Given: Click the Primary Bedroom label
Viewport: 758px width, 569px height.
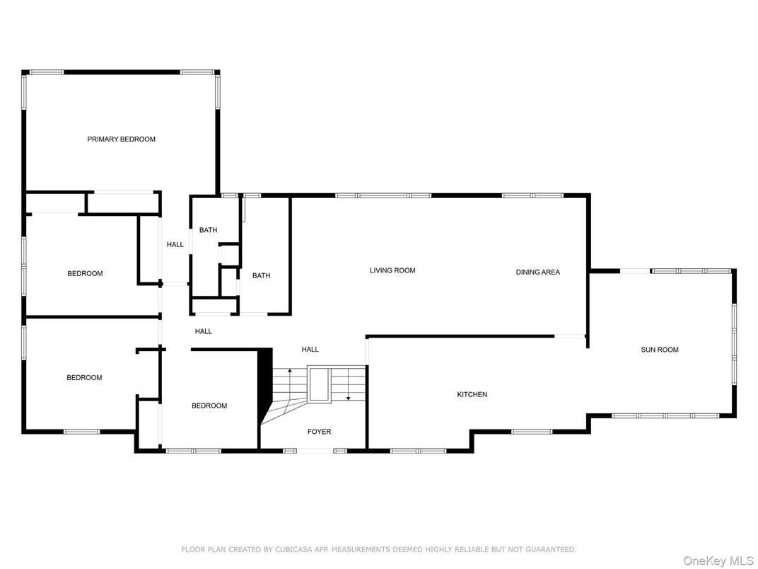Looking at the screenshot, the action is click(122, 139).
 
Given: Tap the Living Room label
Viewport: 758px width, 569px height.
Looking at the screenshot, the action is click(392, 270).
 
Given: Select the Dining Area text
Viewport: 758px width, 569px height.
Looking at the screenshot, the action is click(537, 272).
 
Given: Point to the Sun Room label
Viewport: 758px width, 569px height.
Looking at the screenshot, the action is click(660, 350).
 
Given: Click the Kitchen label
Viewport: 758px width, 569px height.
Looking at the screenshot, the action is click(472, 395).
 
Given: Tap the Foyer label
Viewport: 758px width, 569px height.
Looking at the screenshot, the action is click(320, 432).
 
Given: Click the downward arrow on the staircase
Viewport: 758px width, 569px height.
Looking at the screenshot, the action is click(348, 385).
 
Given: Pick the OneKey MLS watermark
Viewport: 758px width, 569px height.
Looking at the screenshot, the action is click(718, 561).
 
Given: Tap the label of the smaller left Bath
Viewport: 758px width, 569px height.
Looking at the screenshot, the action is click(209, 230).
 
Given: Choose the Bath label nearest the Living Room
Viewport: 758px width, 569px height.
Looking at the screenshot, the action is click(261, 276).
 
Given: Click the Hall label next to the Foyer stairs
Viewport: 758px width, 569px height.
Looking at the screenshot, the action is click(310, 350).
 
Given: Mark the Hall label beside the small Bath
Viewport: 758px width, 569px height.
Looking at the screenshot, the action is click(175, 245).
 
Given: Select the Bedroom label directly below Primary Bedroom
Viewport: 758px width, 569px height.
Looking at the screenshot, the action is click(85, 274).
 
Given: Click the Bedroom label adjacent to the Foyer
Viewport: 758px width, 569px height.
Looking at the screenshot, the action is click(209, 406).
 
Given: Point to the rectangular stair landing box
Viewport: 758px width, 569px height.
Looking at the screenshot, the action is click(320, 384).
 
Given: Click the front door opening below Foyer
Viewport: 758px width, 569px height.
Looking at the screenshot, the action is click(315, 451).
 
